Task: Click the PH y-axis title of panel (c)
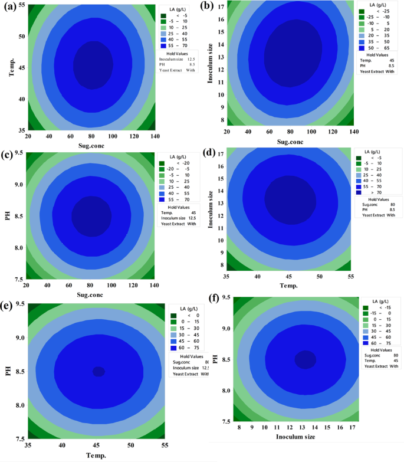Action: [8, 215]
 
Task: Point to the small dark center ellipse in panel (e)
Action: [98, 372]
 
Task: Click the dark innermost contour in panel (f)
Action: [306, 359]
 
